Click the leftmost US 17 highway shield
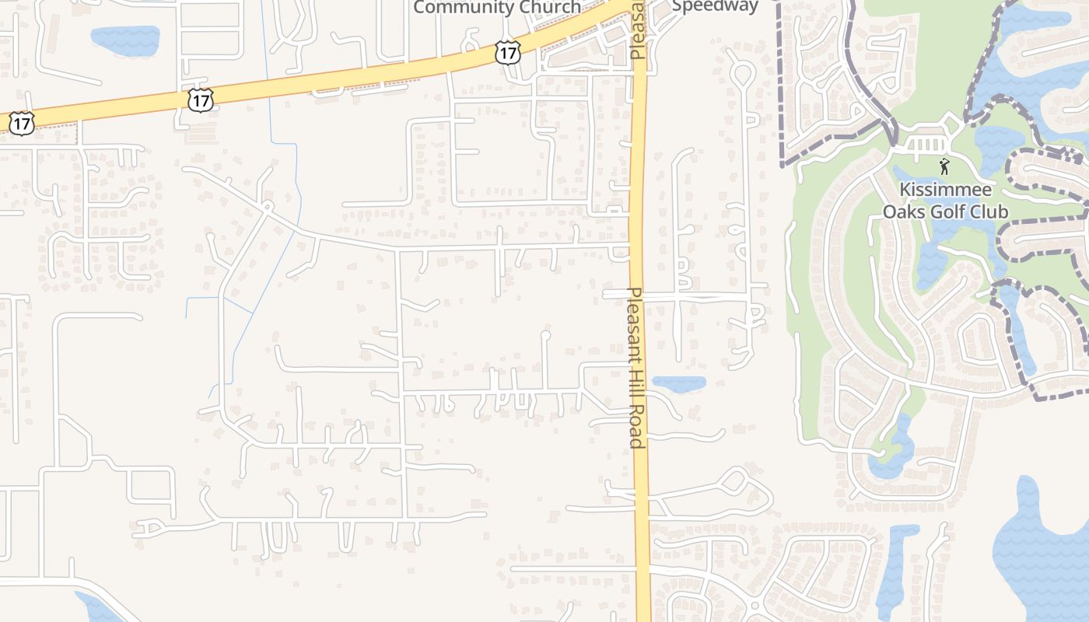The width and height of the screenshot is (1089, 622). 22,122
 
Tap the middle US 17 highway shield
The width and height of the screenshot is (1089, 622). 200,100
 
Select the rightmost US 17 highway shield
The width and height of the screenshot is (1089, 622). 506,53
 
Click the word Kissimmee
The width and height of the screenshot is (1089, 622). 945,190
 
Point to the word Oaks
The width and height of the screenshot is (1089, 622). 905,211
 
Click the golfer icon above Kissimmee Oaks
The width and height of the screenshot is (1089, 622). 944,166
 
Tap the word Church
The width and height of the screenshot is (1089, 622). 549,8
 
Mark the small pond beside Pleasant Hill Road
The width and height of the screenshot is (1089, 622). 678,383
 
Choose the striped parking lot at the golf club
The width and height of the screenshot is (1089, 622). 925,145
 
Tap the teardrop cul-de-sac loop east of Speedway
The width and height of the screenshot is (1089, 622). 741,74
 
